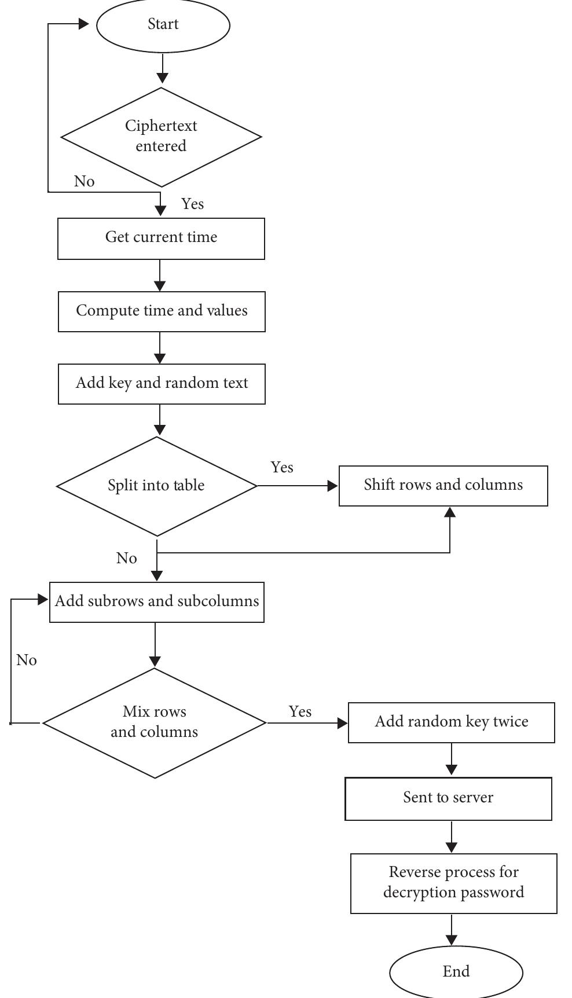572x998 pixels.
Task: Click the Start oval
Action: (163, 25)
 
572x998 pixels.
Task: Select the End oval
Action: (456, 972)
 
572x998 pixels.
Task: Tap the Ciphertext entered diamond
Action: (161, 137)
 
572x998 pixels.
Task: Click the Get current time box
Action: (161, 238)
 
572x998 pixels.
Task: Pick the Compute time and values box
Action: (162, 311)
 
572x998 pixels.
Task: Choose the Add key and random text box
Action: (162, 383)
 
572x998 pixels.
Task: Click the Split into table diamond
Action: (156, 486)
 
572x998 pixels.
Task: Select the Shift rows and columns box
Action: (443, 485)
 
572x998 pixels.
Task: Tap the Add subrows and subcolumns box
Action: (157, 601)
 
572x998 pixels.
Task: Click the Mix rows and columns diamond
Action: (155, 722)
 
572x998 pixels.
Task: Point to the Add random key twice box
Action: (451, 722)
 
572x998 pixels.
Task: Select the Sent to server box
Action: (448, 798)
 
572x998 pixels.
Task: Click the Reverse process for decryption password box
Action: (453, 883)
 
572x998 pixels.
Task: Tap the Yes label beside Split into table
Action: (282, 468)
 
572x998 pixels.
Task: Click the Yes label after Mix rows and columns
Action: (300, 712)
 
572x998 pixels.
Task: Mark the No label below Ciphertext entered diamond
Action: (84, 182)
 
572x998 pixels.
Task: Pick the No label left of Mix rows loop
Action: (27, 661)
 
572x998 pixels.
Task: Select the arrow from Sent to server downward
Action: (451, 836)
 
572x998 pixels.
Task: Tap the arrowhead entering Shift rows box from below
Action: (450, 512)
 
